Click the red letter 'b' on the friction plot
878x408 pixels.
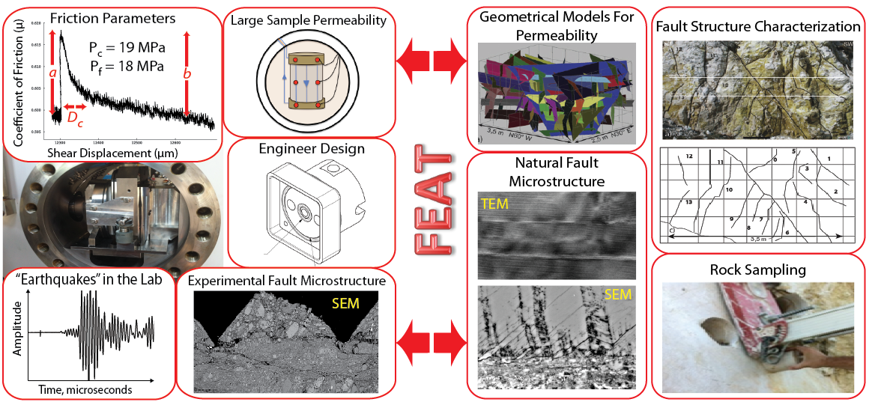[187, 73]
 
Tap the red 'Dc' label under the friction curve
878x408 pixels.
[76, 118]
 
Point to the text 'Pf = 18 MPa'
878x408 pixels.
[135, 67]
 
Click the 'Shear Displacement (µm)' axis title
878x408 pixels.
[106, 152]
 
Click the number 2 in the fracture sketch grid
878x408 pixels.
[834, 192]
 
